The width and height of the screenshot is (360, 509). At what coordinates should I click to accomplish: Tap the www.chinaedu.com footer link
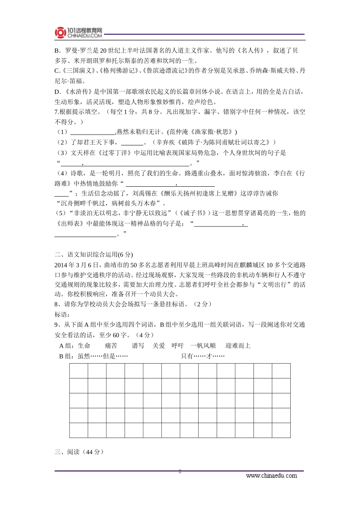tap(271, 476)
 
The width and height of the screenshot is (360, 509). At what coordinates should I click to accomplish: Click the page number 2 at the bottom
tap(180, 472)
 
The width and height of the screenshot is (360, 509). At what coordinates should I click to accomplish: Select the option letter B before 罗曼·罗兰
tap(57, 50)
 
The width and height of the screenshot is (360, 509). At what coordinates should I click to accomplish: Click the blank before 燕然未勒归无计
tap(92, 132)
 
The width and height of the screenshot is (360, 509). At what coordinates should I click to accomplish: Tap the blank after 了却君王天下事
tap(132, 142)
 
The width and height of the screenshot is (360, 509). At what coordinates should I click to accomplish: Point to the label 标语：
tap(62, 314)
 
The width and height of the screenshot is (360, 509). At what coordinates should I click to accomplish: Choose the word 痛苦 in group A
tap(111, 346)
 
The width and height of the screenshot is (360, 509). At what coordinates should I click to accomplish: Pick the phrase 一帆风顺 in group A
tap(203, 346)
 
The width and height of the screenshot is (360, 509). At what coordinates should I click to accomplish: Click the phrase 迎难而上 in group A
tap(238, 346)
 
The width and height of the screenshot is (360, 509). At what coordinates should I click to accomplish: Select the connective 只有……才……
tap(203, 356)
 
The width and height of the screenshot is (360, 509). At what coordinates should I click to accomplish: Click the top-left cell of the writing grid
tap(79, 371)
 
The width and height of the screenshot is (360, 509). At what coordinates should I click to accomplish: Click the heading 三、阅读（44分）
tap(79, 452)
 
